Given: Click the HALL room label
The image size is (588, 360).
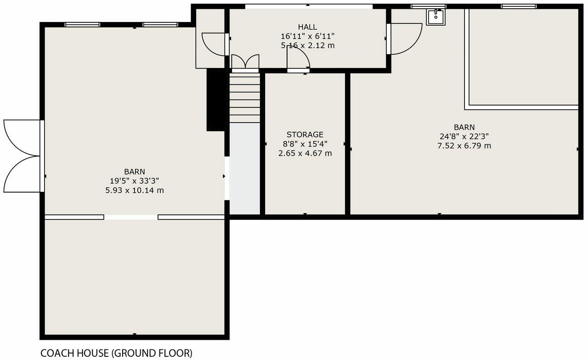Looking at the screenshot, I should [x=307, y=27].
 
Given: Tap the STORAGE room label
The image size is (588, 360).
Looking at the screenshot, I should [x=305, y=135].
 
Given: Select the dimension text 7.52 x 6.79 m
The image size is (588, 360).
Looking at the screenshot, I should [x=464, y=146].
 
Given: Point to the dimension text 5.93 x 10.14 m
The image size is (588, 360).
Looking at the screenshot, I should [x=134, y=190].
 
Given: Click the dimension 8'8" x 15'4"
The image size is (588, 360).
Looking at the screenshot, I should [x=305, y=144].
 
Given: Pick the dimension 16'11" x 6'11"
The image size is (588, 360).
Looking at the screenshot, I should [x=307, y=36].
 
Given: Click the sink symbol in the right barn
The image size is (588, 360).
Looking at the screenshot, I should [x=435, y=17].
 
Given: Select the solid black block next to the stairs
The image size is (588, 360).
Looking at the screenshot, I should [x=215, y=100].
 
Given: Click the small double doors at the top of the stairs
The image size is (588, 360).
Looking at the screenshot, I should [x=245, y=63].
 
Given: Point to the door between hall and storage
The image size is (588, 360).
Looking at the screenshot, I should [x=298, y=60].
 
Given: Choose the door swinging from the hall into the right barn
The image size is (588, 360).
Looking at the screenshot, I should [x=405, y=39].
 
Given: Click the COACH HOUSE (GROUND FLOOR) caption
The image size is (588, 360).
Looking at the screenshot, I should [x=116, y=353].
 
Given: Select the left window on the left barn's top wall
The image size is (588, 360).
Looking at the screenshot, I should [x=82, y=25].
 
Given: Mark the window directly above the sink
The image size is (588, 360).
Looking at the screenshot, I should [x=428, y=6].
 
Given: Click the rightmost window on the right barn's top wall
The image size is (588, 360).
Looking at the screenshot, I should [x=519, y=6].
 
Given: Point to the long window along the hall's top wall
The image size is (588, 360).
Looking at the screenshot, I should [x=308, y=6].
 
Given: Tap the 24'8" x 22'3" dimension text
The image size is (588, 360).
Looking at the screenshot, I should [x=464, y=136].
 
